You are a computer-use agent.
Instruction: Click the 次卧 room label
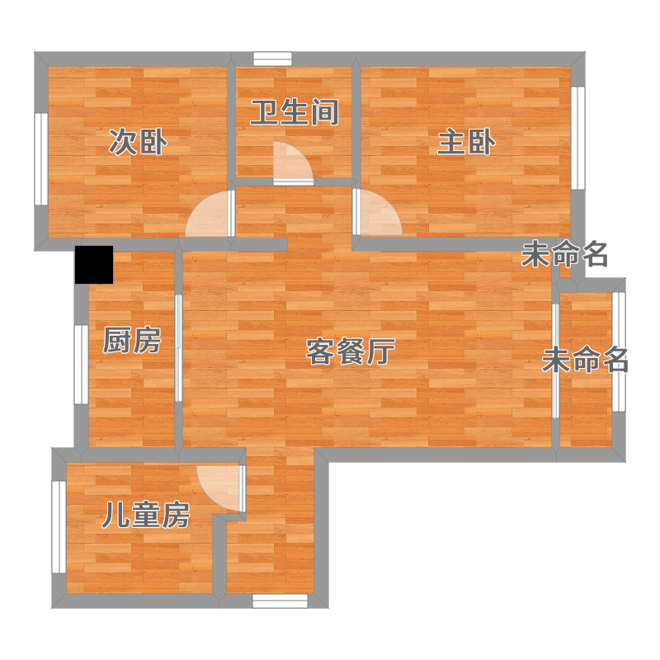click(x=138, y=142)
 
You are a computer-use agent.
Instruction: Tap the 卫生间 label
click(x=295, y=112)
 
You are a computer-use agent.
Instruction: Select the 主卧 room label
click(x=466, y=142)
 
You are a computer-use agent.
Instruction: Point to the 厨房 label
click(x=132, y=340)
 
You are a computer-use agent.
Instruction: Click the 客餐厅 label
click(x=350, y=351)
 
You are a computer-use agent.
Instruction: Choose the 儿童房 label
click(x=146, y=515)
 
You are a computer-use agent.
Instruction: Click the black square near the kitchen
click(x=94, y=264)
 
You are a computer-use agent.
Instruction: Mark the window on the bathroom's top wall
click(x=272, y=59)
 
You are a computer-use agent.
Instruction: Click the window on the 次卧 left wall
click(x=40, y=159)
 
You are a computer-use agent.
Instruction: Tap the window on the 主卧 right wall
click(x=578, y=138)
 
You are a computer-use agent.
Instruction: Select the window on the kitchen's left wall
click(x=81, y=365)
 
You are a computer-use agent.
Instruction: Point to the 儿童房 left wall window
click(x=59, y=527)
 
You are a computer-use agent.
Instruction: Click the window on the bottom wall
click(x=280, y=601)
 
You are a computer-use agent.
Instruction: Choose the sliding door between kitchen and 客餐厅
click(x=178, y=347)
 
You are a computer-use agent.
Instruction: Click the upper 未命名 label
click(x=564, y=254)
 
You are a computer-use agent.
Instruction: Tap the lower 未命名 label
click(x=585, y=360)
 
